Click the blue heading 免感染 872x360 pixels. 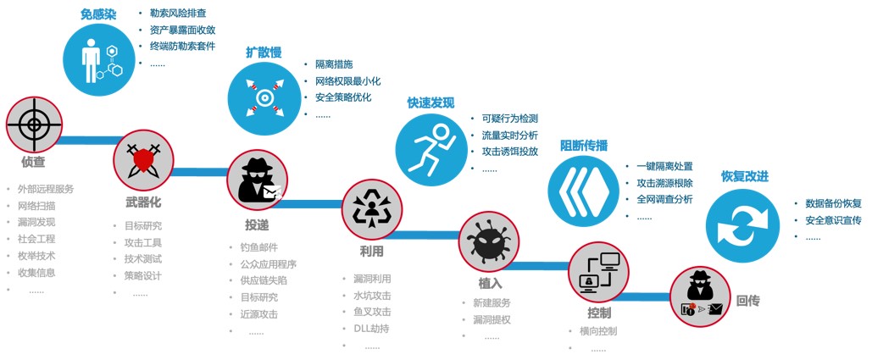[x=99, y=14]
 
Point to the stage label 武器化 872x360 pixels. [x=143, y=202]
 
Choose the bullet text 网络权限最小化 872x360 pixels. [x=347, y=81]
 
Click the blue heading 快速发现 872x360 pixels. [x=430, y=102]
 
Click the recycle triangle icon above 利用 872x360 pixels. [x=372, y=209]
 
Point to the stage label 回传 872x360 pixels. [x=748, y=300]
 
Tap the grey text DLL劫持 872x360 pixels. [x=371, y=329]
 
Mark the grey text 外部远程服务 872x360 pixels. [x=45, y=189]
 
